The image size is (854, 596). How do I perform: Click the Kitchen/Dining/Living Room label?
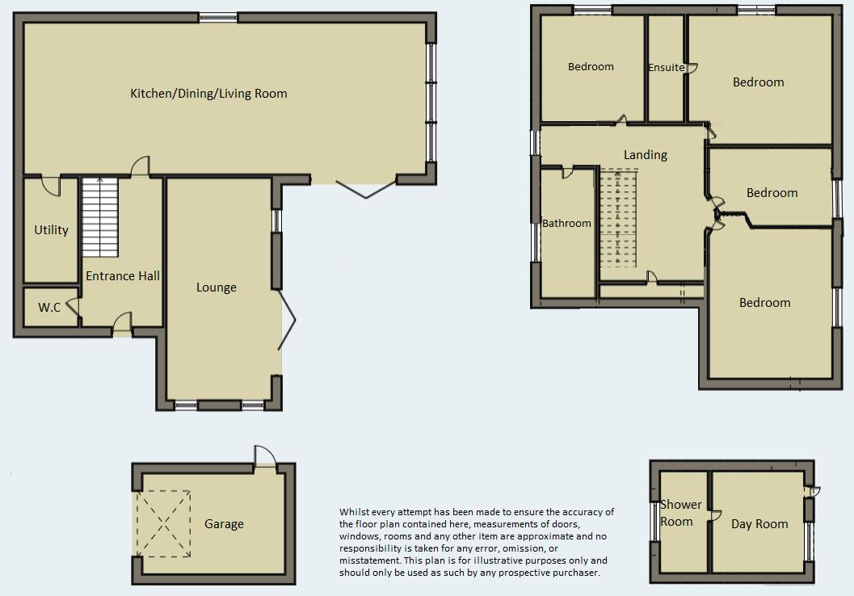pos(208,94)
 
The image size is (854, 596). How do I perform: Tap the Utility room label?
pos(51,230)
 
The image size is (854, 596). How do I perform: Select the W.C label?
pos(49,308)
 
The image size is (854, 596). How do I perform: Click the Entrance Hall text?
pos(123,276)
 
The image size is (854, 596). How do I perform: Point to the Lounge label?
pos(217,288)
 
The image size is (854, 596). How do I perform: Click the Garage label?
pos(224,524)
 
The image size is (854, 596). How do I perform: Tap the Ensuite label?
pos(666,68)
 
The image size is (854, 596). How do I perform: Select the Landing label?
pos(645,154)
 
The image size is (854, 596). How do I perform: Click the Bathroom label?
pos(566,224)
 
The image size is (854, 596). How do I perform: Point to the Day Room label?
pos(759,524)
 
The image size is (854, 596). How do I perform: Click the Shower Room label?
pos(678,514)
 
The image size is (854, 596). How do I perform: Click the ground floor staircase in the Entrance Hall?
pos(99,216)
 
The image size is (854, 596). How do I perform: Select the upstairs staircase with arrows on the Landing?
pos(618,218)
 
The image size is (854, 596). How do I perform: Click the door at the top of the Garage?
pos(263,458)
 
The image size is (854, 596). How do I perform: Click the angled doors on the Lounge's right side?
pos(288,321)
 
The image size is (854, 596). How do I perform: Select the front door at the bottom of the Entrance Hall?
pos(122,326)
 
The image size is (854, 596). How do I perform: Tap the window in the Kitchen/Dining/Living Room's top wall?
pos(218,17)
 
